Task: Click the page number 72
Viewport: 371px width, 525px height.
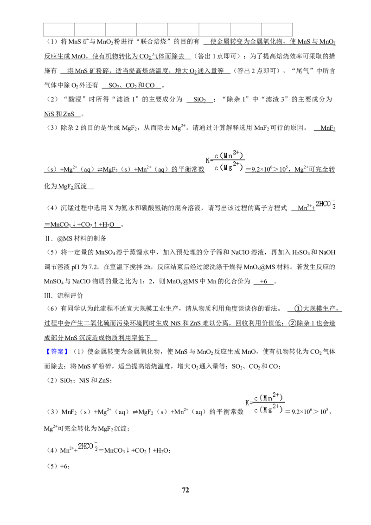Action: point(185,490)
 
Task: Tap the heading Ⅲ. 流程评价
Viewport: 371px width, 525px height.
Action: point(64,295)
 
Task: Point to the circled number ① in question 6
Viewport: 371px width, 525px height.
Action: point(298,308)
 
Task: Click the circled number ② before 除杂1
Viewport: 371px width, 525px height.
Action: point(292,323)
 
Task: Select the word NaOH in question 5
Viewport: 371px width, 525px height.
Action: point(327,252)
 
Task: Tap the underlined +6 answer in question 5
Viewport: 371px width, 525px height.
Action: point(263,281)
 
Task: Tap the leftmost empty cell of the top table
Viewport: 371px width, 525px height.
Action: point(59,30)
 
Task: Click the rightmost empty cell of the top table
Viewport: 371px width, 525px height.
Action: point(277,30)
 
